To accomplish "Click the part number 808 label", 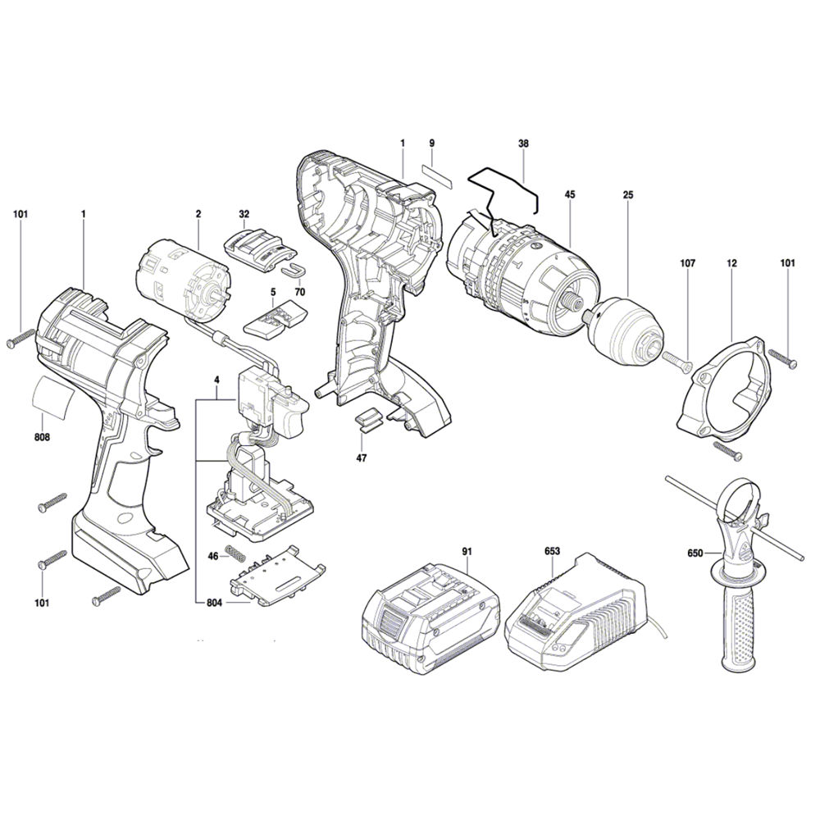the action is click(x=42, y=437).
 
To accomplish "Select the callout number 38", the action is click(x=523, y=143).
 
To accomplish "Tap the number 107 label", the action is click(x=688, y=263).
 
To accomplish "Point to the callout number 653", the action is click(x=552, y=551).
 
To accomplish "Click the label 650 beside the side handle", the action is click(x=695, y=553).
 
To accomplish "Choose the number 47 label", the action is click(x=362, y=458).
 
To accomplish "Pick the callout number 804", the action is click(x=214, y=603).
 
